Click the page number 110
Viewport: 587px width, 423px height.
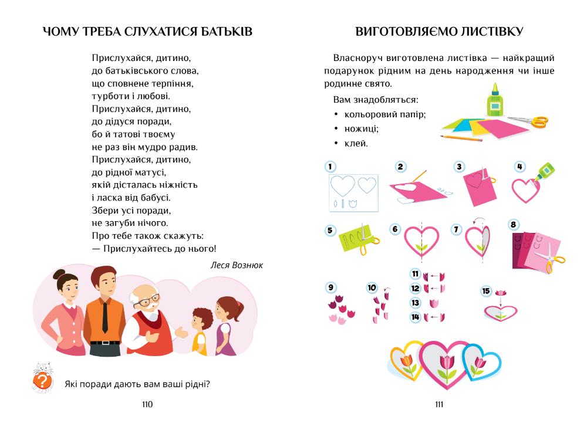point(147,404)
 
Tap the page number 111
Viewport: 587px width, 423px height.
point(439,404)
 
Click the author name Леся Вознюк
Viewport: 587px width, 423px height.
point(237,265)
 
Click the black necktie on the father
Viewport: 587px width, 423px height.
point(104,316)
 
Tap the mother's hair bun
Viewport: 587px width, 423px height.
point(59,274)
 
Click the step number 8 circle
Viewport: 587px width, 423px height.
point(514,225)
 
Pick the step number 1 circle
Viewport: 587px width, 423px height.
point(330,167)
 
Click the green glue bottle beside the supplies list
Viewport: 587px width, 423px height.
point(494,101)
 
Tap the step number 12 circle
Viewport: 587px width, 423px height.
point(416,288)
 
